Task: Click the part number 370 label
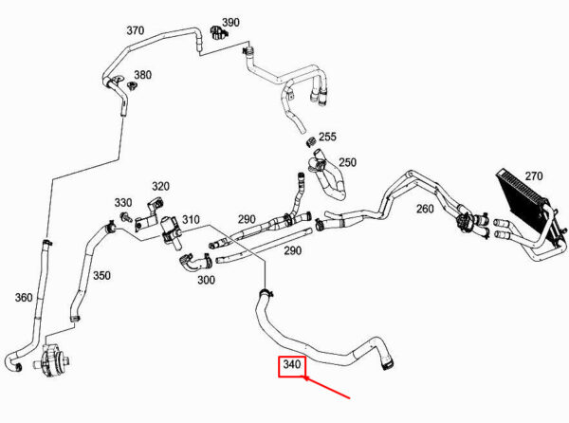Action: coord(135,30)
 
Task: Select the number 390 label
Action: coord(230,22)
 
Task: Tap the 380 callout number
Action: coord(142,75)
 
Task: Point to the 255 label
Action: coord(327,137)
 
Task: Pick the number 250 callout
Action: coord(347,162)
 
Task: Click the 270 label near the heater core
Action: coord(534,176)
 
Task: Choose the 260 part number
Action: coord(425,209)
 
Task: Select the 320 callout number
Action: coord(160,186)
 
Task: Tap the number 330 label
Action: coord(123,202)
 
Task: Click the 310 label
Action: coord(191,219)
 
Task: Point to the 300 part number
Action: coord(206,280)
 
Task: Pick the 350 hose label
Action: coord(101,275)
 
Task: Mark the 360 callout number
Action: coord(24,298)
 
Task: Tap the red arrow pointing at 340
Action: coord(326,388)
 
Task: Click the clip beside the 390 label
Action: coord(217,32)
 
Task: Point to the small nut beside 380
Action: coord(132,85)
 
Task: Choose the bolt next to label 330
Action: coord(126,216)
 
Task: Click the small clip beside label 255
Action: coord(311,142)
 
